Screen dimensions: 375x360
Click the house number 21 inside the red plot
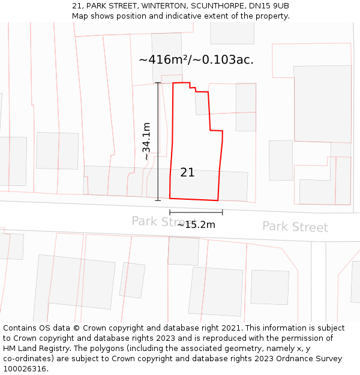point(187,172)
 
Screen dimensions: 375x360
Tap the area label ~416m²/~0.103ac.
point(196,59)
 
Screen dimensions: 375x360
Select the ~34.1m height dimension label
point(146,141)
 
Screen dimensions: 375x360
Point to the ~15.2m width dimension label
point(196,225)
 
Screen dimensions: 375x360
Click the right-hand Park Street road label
point(295,227)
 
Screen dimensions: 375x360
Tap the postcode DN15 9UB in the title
point(269,6)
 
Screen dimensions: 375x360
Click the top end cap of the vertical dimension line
point(158,83)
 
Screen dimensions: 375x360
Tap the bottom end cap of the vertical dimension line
point(158,200)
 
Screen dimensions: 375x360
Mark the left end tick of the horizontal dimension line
point(170,212)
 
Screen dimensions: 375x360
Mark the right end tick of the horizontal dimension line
point(223,212)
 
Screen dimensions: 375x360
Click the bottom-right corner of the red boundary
point(218,200)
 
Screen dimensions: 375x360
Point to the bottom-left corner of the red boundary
point(170,197)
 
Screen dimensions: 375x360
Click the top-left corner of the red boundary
point(173,83)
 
